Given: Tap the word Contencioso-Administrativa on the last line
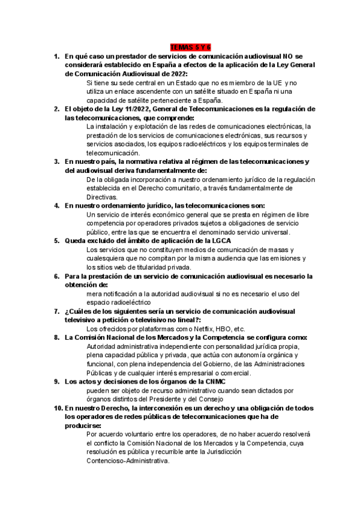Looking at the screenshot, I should click(x=128, y=461).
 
